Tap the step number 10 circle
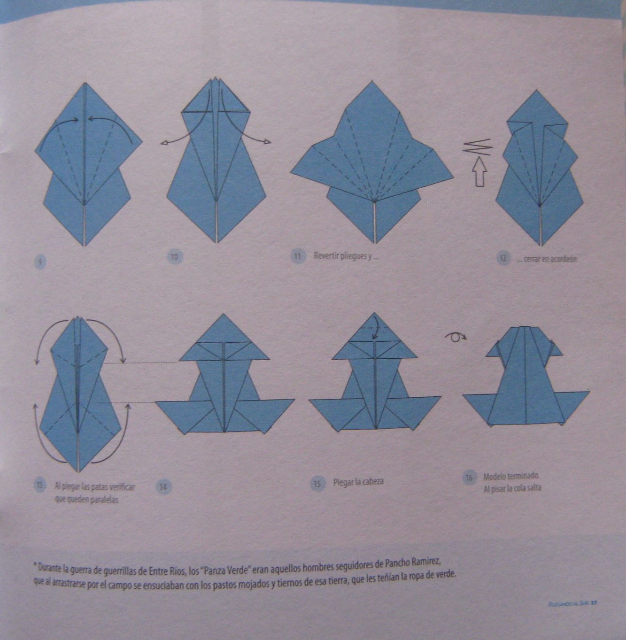pyautogui.click(x=174, y=257)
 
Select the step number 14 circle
pyautogui.click(x=162, y=487)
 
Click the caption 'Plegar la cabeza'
pyautogui.click(x=358, y=482)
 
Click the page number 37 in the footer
pyautogui.click(x=594, y=603)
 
